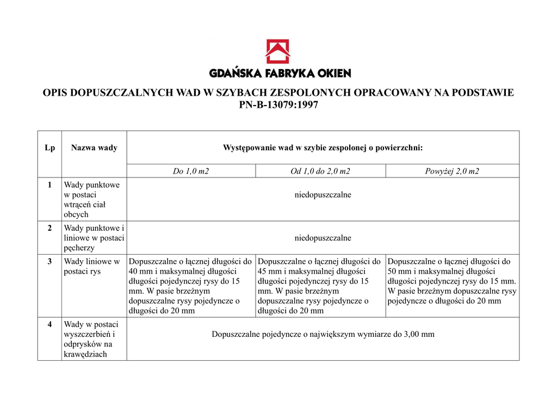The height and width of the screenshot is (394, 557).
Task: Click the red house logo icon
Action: pos(277,51)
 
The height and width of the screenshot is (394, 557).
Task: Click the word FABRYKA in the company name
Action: pos(290,73)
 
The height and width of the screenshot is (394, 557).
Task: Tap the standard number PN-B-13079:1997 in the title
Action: pos(278,105)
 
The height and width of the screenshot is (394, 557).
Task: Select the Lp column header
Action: pos(49,147)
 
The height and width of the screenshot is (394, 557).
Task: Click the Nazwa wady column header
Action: pos(94,147)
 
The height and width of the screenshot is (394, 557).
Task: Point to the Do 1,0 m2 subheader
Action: pos(191,171)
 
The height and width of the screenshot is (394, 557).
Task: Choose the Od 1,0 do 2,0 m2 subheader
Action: pos(320,171)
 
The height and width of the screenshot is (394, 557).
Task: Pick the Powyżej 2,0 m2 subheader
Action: pos(452,171)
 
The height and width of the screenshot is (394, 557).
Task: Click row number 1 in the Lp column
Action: pos(49,185)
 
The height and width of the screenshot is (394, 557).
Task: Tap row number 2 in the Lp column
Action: pos(49,228)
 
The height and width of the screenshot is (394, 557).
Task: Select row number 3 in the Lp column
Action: pos(49,261)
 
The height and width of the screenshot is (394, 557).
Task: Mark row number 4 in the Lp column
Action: pos(49,324)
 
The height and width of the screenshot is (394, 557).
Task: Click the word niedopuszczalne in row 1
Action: pos(323,195)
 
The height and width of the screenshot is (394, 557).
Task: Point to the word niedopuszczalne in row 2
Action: pos(323,238)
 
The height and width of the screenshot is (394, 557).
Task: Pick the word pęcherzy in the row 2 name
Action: pos(79,248)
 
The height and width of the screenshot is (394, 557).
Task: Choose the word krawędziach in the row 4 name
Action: pos(85,354)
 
